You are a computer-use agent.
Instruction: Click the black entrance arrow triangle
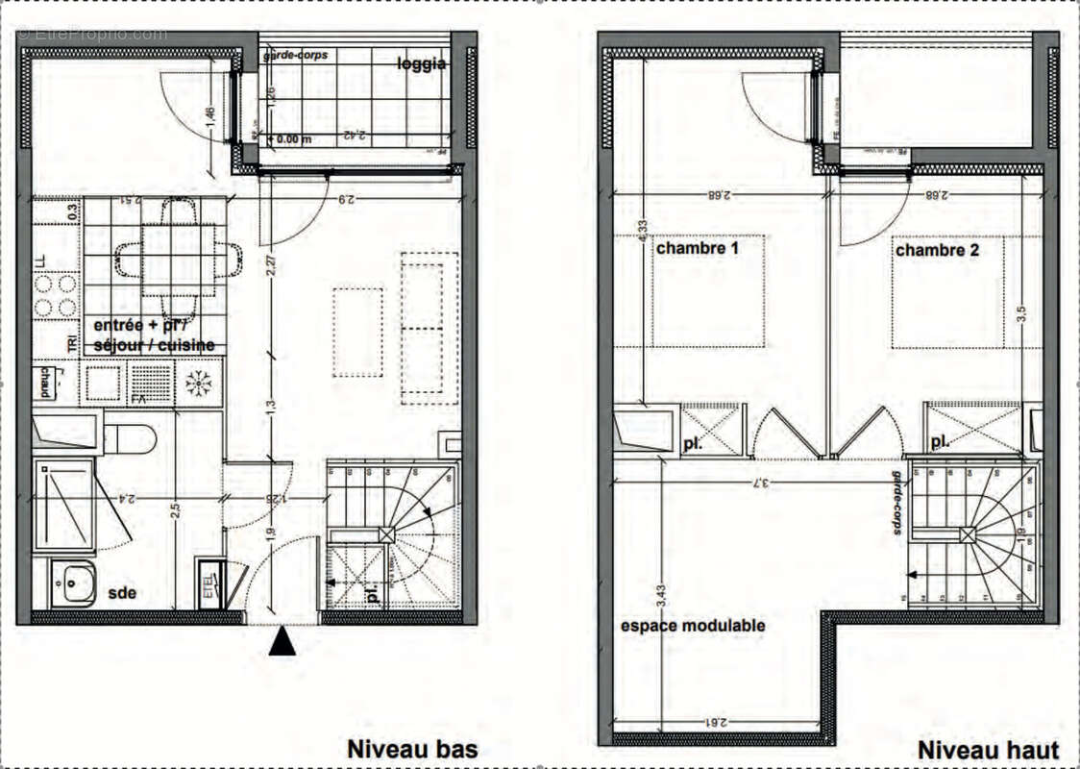[282, 641]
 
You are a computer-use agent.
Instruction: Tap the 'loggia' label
[422, 64]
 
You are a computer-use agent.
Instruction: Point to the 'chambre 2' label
[937, 250]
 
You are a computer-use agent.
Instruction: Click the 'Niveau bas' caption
[411, 748]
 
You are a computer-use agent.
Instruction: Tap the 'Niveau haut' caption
[988, 750]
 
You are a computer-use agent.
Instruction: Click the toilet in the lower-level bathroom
[129, 439]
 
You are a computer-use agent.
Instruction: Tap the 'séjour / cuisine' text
[154, 345]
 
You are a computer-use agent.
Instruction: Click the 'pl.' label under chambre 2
[942, 443]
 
